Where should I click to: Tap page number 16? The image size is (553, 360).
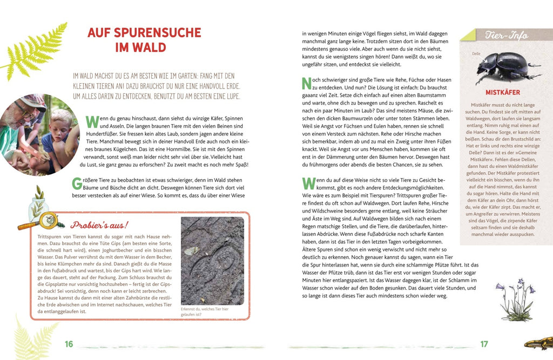[69, 344]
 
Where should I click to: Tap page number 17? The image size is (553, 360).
[484, 344]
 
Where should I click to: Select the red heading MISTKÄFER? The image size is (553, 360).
[502, 92]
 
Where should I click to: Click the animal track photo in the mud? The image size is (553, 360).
[212, 261]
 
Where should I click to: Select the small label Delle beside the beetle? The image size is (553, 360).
[475, 54]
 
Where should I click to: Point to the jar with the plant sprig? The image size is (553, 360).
[38, 202]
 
